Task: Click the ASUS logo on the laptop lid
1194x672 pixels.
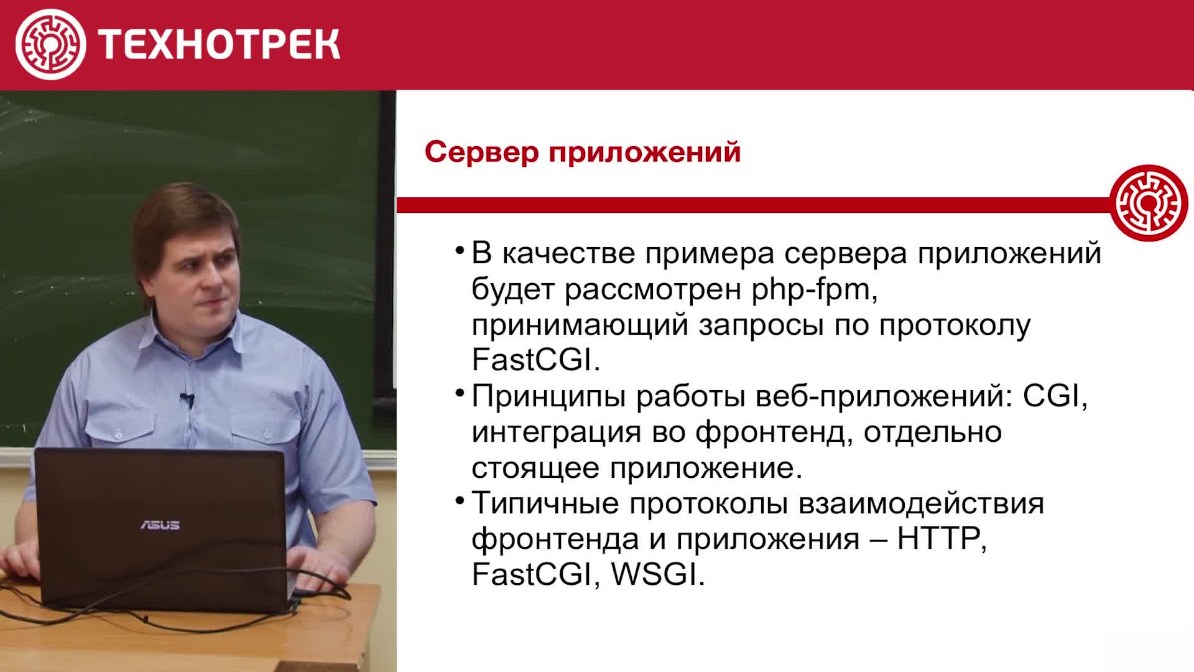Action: point(160,525)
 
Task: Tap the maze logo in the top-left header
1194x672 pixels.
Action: point(50,44)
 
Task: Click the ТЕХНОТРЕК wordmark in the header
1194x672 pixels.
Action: point(219,44)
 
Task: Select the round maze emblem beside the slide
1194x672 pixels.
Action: point(1149,203)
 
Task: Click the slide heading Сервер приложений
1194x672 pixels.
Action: point(583,152)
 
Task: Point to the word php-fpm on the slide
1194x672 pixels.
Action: point(815,290)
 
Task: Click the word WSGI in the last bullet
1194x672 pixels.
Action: point(659,574)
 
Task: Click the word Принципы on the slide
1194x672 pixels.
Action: point(548,397)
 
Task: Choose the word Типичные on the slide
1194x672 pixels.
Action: point(545,503)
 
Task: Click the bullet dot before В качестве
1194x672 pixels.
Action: point(460,251)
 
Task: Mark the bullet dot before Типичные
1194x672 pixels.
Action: point(460,500)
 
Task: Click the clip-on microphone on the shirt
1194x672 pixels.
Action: point(186,398)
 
